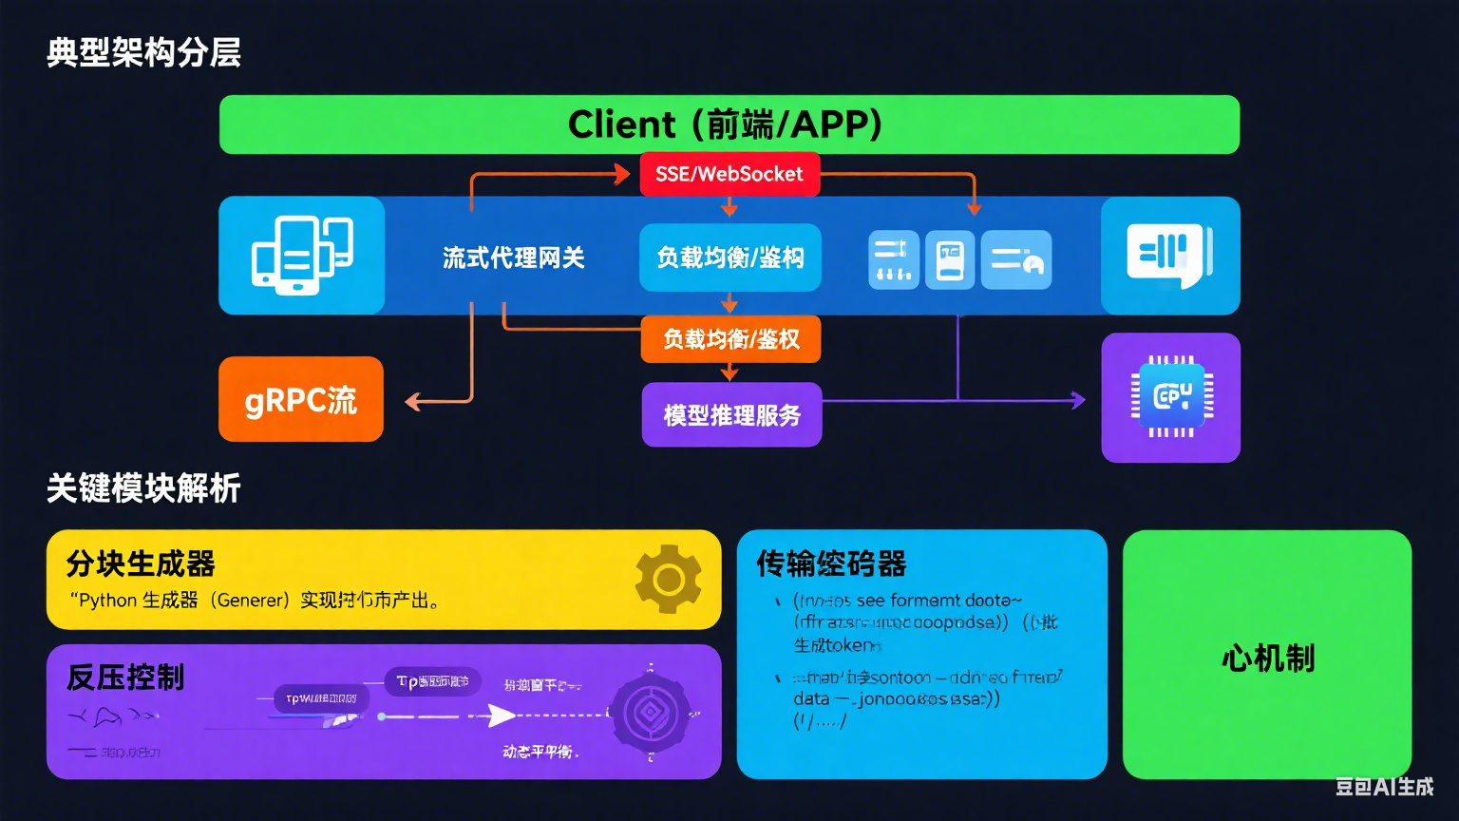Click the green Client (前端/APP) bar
(729, 124)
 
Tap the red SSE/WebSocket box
(729, 174)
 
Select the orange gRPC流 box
(301, 399)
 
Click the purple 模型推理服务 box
(731, 415)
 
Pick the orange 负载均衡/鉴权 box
(730, 339)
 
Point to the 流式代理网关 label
(513, 258)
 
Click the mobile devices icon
(301, 255)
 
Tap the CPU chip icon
(1171, 397)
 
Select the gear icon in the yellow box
(669, 579)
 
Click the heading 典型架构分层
(143, 52)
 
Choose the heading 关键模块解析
(143, 488)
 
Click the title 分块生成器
(141, 563)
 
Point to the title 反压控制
(125, 678)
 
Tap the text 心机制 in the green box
(1267, 658)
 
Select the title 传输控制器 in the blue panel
(831, 563)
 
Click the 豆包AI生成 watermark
(1384, 787)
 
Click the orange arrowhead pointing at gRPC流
(413, 402)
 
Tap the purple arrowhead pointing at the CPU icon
(1078, 400)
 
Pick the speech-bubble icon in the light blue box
(1169, 256)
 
